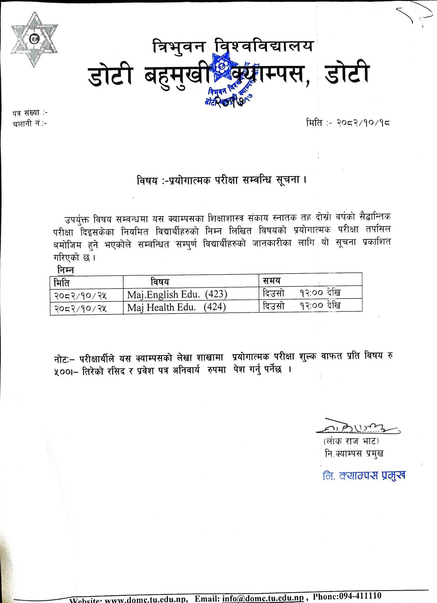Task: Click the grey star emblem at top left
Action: (x=34, y=39)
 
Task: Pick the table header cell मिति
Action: (x=62, y=282)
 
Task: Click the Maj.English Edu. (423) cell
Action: (x=177, y=294)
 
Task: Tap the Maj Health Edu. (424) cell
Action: (x=177, y=307)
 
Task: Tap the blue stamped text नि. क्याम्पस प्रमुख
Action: (x=364, y=476)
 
